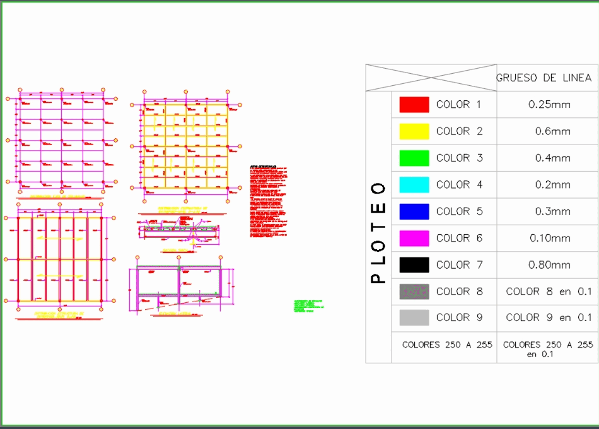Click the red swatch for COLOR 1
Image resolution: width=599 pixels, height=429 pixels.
point(414,105)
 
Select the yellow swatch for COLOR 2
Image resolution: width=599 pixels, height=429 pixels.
point(414,131)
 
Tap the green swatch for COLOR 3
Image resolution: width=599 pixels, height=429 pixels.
point(414,158)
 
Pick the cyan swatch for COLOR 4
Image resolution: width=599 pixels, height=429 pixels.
point(414,185)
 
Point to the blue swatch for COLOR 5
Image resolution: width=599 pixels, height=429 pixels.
point(414,211)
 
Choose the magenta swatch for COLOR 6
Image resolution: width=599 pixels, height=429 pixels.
point(414,238)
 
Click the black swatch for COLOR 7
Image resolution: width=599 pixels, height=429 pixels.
point(414,265)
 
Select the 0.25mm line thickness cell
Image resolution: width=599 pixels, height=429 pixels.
point(549,105)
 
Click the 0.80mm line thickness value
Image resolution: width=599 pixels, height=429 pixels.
point(549,265)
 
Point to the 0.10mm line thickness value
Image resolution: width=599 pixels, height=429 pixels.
point(549,238)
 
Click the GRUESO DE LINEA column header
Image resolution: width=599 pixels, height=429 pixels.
point(544,78)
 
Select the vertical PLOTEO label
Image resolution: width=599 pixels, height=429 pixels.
point(378,232)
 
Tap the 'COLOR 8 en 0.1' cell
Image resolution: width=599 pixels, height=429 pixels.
point(549,291)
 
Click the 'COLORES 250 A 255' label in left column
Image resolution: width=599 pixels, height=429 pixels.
point(445,345)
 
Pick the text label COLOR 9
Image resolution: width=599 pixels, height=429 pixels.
point(459,318)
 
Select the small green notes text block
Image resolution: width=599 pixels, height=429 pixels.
point(308,306)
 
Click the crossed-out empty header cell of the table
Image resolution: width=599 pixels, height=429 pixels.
point(431,78)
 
